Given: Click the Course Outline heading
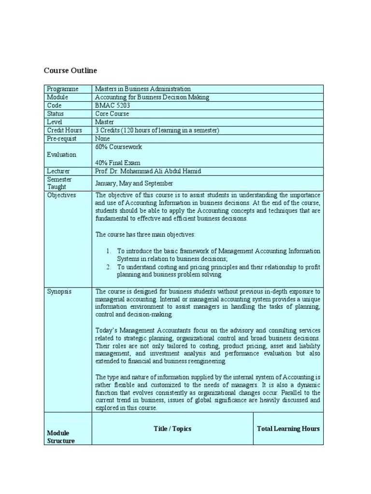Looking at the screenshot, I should point(71,70).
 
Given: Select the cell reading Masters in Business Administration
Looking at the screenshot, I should point(143,89).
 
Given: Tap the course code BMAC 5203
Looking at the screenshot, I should point(113,105).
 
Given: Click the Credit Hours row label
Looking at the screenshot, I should point(64,130).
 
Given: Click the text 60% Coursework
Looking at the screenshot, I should point(118,147).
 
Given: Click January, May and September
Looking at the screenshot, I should point(134,183).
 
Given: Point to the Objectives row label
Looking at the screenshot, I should point(61,195).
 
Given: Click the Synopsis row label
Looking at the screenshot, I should point(59,292).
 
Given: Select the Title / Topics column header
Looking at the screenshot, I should point(172,428).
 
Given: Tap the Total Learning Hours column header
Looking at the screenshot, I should point(288,428).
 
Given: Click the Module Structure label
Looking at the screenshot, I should point(61,437).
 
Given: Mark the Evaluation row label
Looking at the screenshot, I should point(61,154).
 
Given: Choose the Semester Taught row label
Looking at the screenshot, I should point(60,183).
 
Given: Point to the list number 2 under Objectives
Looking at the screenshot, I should point(109,267).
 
